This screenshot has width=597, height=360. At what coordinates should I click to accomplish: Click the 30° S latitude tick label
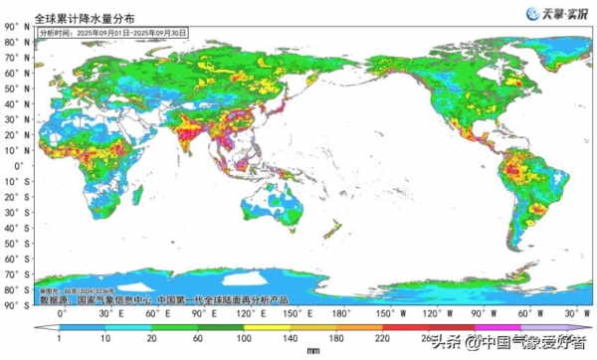13,211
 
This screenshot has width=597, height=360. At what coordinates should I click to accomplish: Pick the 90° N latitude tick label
13,42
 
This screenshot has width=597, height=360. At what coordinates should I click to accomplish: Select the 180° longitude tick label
342,313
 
